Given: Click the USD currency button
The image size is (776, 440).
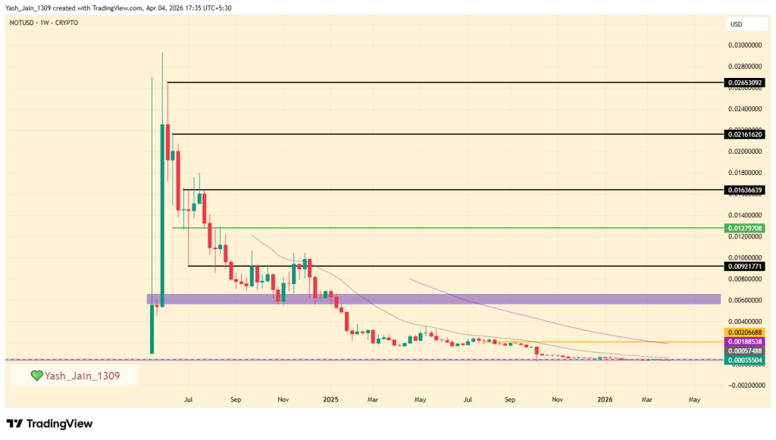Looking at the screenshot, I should [x=736, y=24].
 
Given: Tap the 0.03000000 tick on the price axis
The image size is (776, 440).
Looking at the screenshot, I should [x=747, y=45].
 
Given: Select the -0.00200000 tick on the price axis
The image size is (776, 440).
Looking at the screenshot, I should [x=746, y=385].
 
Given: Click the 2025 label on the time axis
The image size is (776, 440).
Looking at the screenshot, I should [x=330, y=398].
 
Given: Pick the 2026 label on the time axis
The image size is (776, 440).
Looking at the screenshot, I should [x=605, y=398].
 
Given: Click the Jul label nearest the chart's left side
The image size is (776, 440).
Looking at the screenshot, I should [x=188, y=398].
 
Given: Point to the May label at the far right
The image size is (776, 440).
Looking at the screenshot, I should [x=694, y=398].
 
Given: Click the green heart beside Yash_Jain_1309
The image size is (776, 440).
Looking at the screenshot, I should [x=36, y=376].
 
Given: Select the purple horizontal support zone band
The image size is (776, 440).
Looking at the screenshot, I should [x=432, y=299].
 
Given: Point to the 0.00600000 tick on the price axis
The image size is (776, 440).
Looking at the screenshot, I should [x=747, y=300].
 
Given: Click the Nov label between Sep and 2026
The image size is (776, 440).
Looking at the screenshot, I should [x=557, y=398].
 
